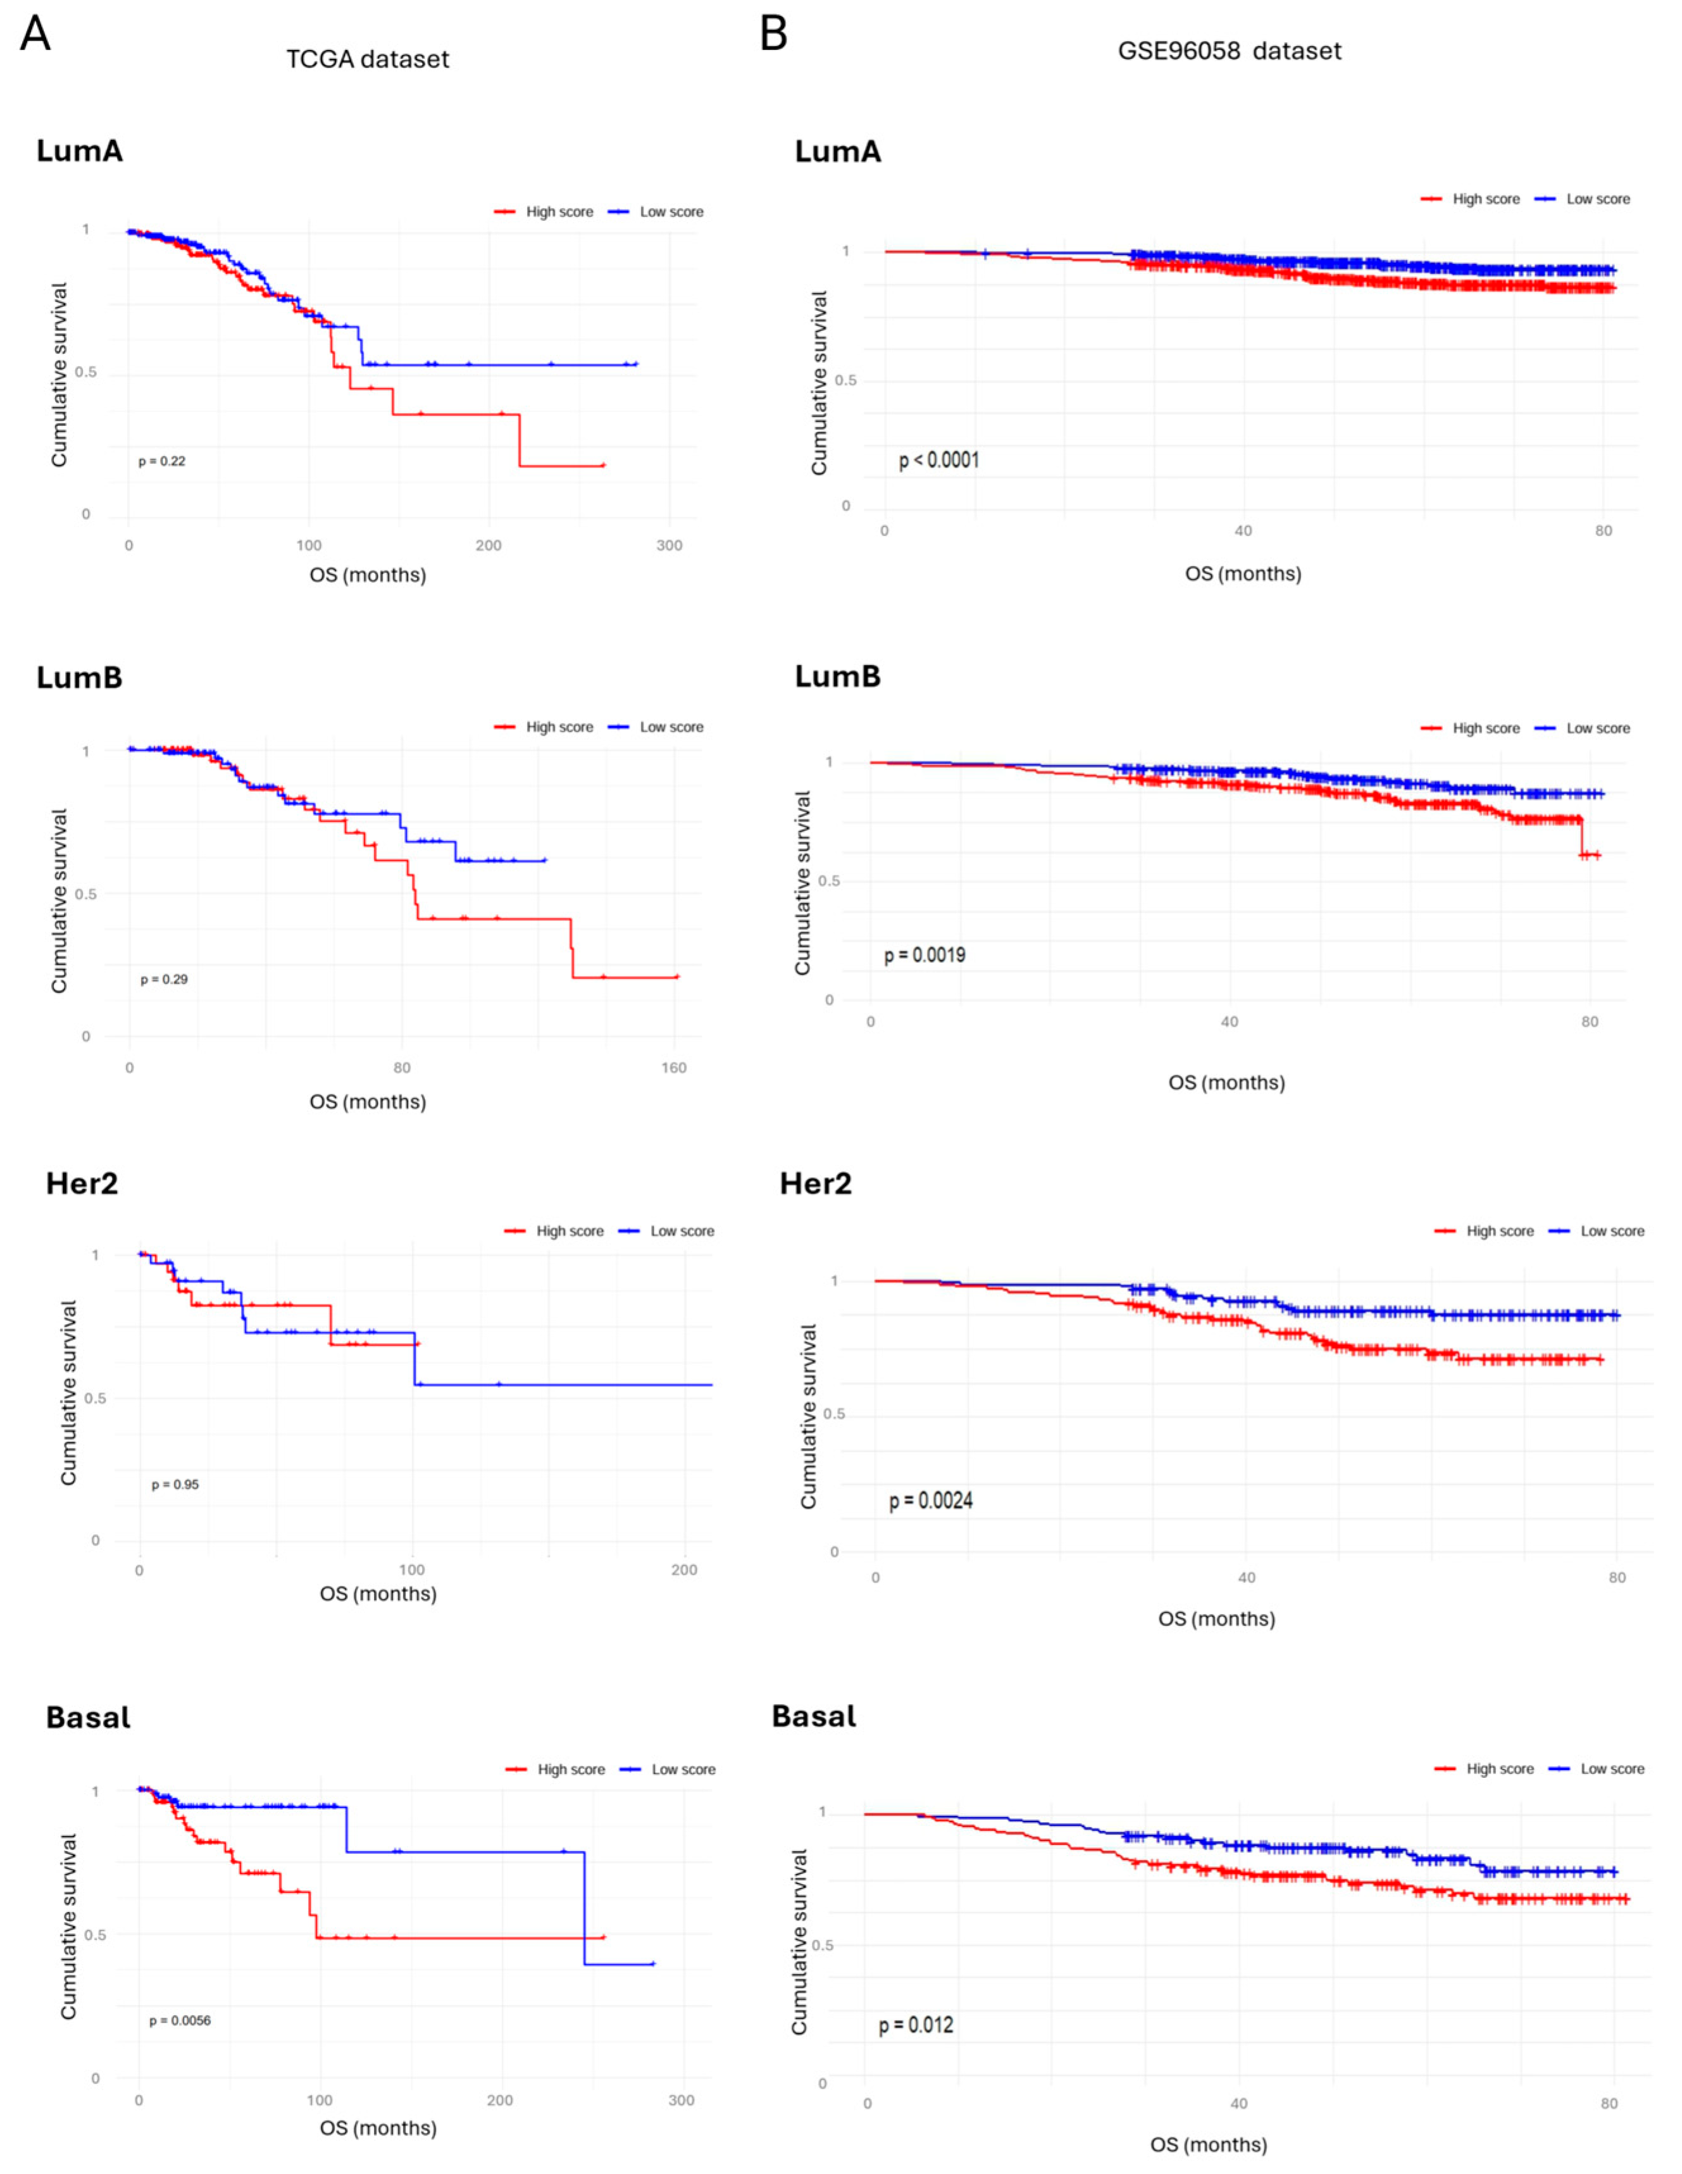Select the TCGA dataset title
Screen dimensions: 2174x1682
tap(367, 59)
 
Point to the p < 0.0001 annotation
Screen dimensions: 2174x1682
tap(938, 461)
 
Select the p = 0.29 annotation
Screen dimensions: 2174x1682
tap(163, 980)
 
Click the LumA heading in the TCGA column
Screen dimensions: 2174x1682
tap(80, 151)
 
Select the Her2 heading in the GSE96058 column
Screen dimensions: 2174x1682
tap(815, 1184)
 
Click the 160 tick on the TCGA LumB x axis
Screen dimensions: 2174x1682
tap(674, 1068)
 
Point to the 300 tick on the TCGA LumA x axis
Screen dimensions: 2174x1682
tap(669, 546)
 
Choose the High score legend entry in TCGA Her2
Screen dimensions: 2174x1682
tap(570, 1232)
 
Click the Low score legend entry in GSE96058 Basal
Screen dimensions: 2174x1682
tap(1611, 1769)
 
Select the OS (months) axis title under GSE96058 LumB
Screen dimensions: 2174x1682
tap(1226, 1082)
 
